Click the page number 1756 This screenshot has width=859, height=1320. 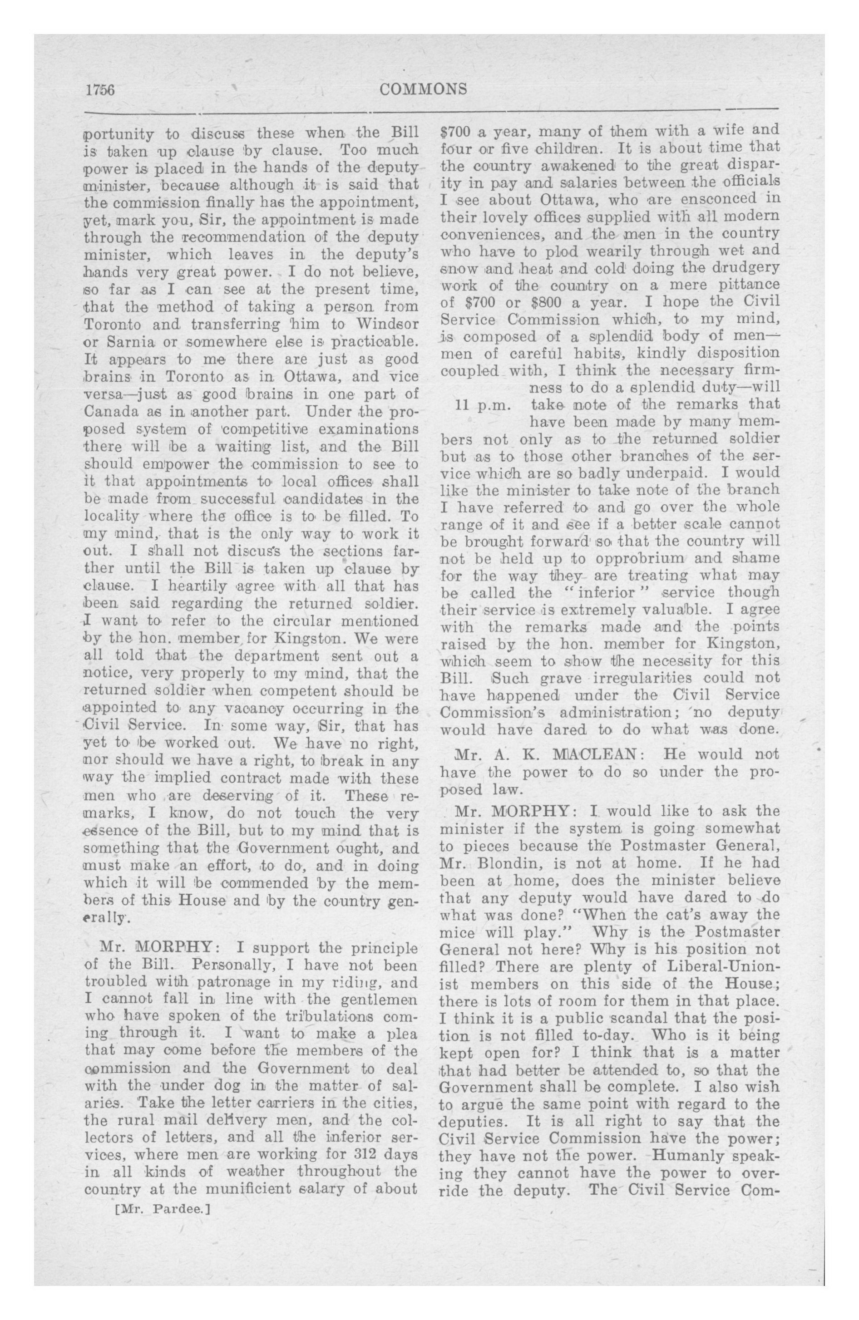pos(100,90)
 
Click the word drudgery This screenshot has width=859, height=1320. pos(743,268)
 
